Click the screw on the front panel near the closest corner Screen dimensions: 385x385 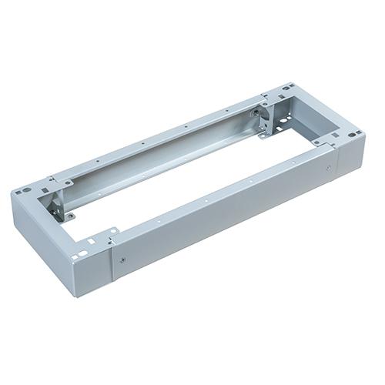click(122, 259)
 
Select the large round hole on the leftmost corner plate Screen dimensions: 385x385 click(25, 189)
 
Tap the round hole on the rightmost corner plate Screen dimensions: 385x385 click(352, 136)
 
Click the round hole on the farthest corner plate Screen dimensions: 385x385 click(286, 88)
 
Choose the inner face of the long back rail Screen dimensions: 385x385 click(169, 154)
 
